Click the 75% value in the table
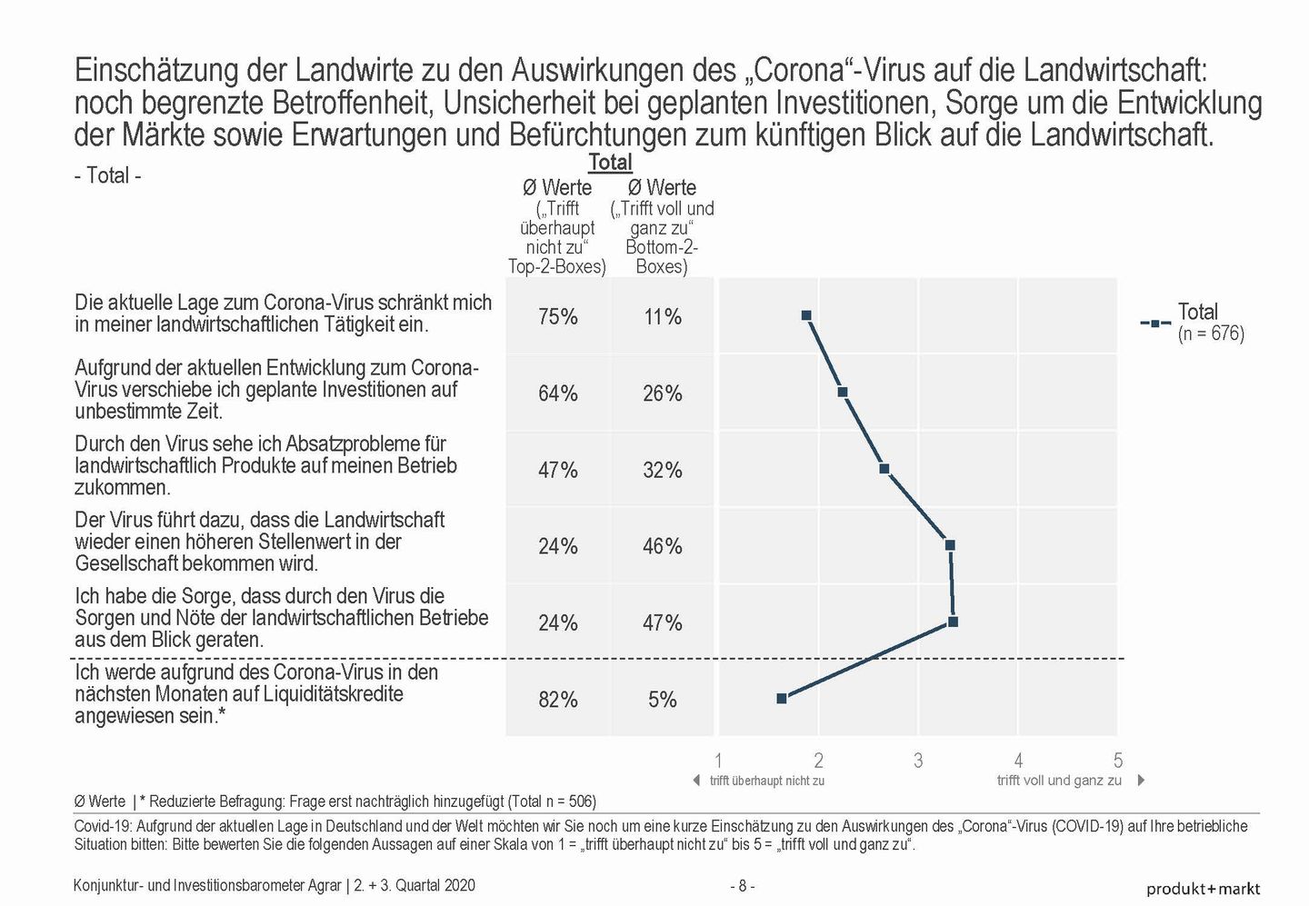[557, 317]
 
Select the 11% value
[663, 317]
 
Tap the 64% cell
[557, 393]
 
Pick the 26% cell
[663, 393]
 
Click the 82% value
[557, 700]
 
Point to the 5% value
[663, 700]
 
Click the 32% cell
[663, 470]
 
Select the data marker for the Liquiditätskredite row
[782, 698]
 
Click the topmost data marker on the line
[806, 315]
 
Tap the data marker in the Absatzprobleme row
[884, 469]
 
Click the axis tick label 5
[1118, 760]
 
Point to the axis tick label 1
[718, 760]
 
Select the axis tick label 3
[918, 760]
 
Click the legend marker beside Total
[1155, 323]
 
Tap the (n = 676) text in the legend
[1211, 334]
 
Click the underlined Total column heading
[610, 162]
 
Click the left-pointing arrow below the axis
[696, 781]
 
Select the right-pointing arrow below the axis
[1141, 781]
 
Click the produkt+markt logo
[1204, 889]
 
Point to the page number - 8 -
[742, 886]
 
